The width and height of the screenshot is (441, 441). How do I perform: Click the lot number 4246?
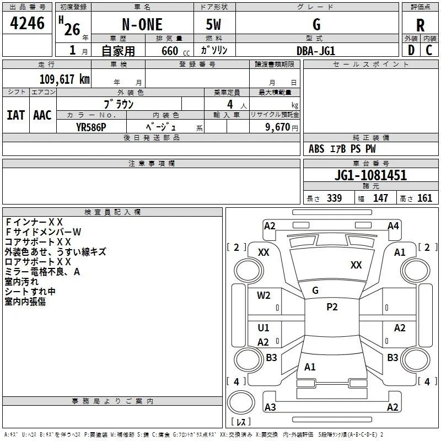coord(27,23)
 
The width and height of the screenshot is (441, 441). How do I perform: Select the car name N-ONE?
coord(142,24)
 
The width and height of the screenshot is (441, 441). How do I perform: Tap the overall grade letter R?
coord(420,25)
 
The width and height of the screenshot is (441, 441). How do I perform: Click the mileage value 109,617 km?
coord(64,79)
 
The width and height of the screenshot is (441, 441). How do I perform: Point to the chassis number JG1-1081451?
coord(370,175)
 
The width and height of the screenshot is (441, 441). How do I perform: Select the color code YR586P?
coord(91,127)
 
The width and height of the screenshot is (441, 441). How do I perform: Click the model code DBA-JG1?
coord(316,51)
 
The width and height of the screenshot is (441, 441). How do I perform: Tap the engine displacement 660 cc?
coord(176,51)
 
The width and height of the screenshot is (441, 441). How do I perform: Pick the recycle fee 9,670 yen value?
coord(282,127)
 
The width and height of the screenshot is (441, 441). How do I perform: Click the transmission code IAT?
coord(16,115)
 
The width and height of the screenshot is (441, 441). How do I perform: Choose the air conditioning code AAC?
coord(42,115)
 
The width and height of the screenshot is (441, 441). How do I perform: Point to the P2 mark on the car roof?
coord(332,307)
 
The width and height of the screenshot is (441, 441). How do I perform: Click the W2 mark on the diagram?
coord(263,295)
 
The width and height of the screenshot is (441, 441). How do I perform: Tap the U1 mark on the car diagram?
coord(263,327)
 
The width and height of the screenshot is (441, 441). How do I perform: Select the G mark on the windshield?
coord(315,291)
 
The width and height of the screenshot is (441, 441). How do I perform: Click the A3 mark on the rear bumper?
coord(270,407)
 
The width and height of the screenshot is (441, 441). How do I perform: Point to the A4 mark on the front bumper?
coord(393,226)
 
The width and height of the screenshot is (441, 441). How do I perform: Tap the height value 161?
coord(424,198)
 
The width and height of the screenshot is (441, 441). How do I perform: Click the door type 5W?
coord(213,24)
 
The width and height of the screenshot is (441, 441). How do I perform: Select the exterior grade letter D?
coord(411,50)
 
